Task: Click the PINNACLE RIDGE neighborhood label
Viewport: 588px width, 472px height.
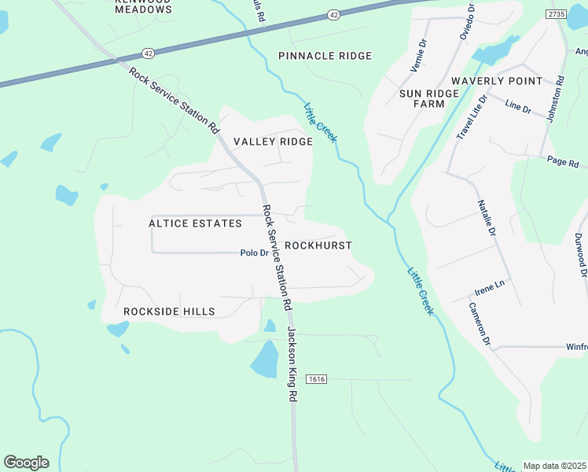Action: [325, 56]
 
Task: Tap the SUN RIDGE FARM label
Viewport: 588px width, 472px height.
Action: [428, 98]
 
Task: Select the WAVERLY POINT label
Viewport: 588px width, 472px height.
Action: [496, 81]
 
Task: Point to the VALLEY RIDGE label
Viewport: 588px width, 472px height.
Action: [273, 142]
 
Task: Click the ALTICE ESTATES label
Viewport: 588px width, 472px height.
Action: [195, 223]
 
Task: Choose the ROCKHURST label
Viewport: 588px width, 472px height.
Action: [318, 245]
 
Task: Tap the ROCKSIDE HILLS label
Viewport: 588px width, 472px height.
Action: [169, 312]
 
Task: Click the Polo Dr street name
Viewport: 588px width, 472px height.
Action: [254, 253]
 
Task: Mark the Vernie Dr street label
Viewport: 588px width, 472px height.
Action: [418, 55]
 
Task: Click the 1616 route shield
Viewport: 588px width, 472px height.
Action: [316, 379]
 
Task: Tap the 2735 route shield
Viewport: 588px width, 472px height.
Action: [557, 14]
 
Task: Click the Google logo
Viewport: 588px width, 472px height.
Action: [26, 462]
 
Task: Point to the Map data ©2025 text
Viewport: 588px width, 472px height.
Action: [554, 466]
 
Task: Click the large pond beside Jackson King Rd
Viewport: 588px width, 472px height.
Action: [264, 360]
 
